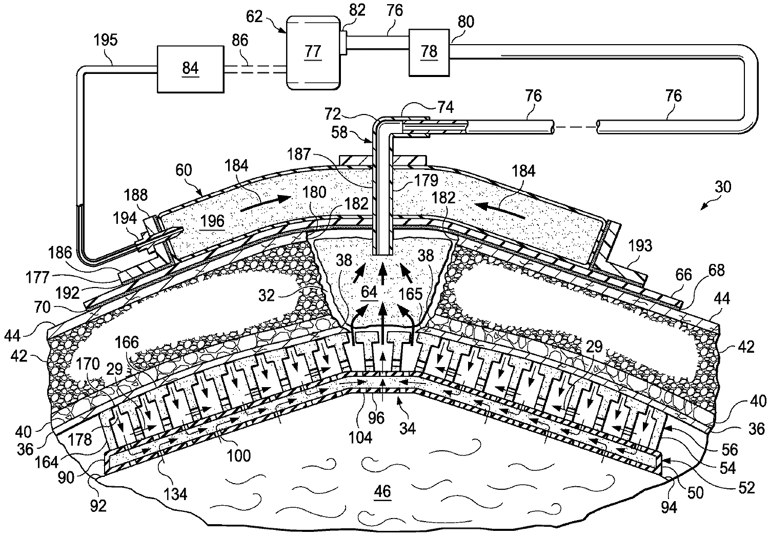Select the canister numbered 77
(x=313, y=51)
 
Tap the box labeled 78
(x=429, y=51)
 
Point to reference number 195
(x=106, y=40)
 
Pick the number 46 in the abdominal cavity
(x=382, y=491)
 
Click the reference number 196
(x=213, y=221)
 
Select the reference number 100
(x=239, y=454)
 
